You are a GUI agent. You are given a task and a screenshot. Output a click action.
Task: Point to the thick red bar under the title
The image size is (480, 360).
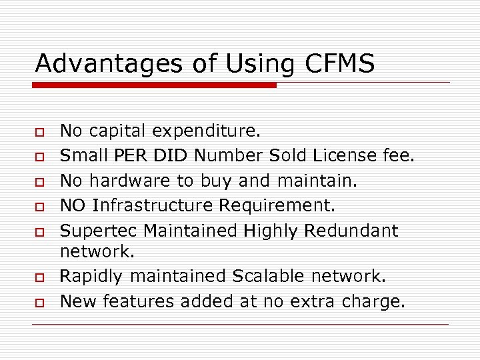pyautogui.click(x=155, y=85)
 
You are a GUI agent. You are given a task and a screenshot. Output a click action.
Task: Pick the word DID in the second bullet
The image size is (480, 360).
pyautogui.click(x=179, y=156)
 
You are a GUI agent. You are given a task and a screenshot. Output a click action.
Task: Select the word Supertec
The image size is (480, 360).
pyautogui.click(x=99, y=231)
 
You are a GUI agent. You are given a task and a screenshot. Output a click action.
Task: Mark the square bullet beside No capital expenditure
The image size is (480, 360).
pyautogui.click(x=40, y=131)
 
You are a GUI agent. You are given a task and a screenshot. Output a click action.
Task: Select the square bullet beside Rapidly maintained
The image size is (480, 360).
pyautogui.click(x=40, y=277)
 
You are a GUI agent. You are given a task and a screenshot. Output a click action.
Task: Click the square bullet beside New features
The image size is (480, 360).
pyautogui.click(x=40, y=302)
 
